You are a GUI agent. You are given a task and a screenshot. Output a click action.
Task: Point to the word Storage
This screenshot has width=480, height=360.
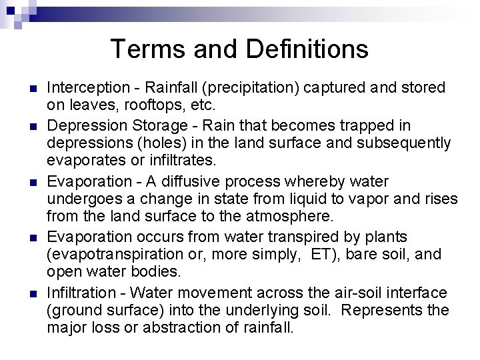point(150,125)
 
